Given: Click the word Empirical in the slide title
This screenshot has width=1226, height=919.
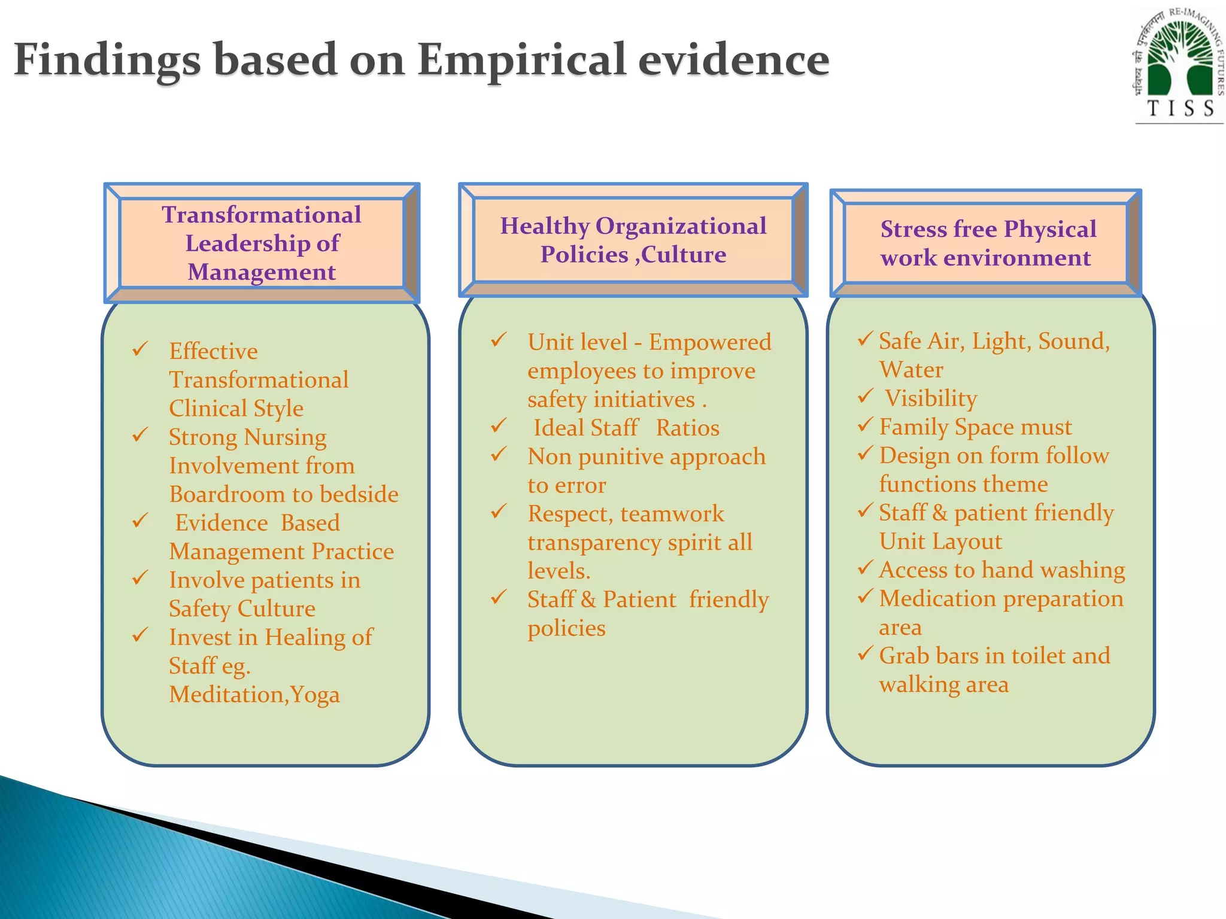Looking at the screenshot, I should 522,60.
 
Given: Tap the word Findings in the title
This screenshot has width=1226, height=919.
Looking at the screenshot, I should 107,60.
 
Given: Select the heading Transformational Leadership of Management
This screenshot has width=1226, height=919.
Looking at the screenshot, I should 262,243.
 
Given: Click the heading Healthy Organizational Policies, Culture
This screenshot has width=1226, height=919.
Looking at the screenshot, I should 633,240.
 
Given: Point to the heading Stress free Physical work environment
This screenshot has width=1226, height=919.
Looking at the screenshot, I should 988,243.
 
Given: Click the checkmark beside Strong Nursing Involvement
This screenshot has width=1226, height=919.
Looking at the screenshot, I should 140,435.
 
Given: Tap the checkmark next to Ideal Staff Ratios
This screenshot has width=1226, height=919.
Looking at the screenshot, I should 499,426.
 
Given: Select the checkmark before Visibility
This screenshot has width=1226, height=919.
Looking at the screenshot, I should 866,395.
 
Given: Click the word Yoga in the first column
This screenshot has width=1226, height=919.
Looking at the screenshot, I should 315,695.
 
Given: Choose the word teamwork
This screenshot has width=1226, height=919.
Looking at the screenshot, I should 672,514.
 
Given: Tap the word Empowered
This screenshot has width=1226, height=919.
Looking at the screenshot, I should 710,342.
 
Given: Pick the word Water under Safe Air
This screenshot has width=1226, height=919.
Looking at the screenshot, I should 911,370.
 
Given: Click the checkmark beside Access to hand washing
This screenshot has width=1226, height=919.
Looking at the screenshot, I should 866,567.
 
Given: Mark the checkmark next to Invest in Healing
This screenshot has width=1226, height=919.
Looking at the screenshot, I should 140,635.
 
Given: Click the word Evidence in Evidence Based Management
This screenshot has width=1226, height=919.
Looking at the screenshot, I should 221,523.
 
